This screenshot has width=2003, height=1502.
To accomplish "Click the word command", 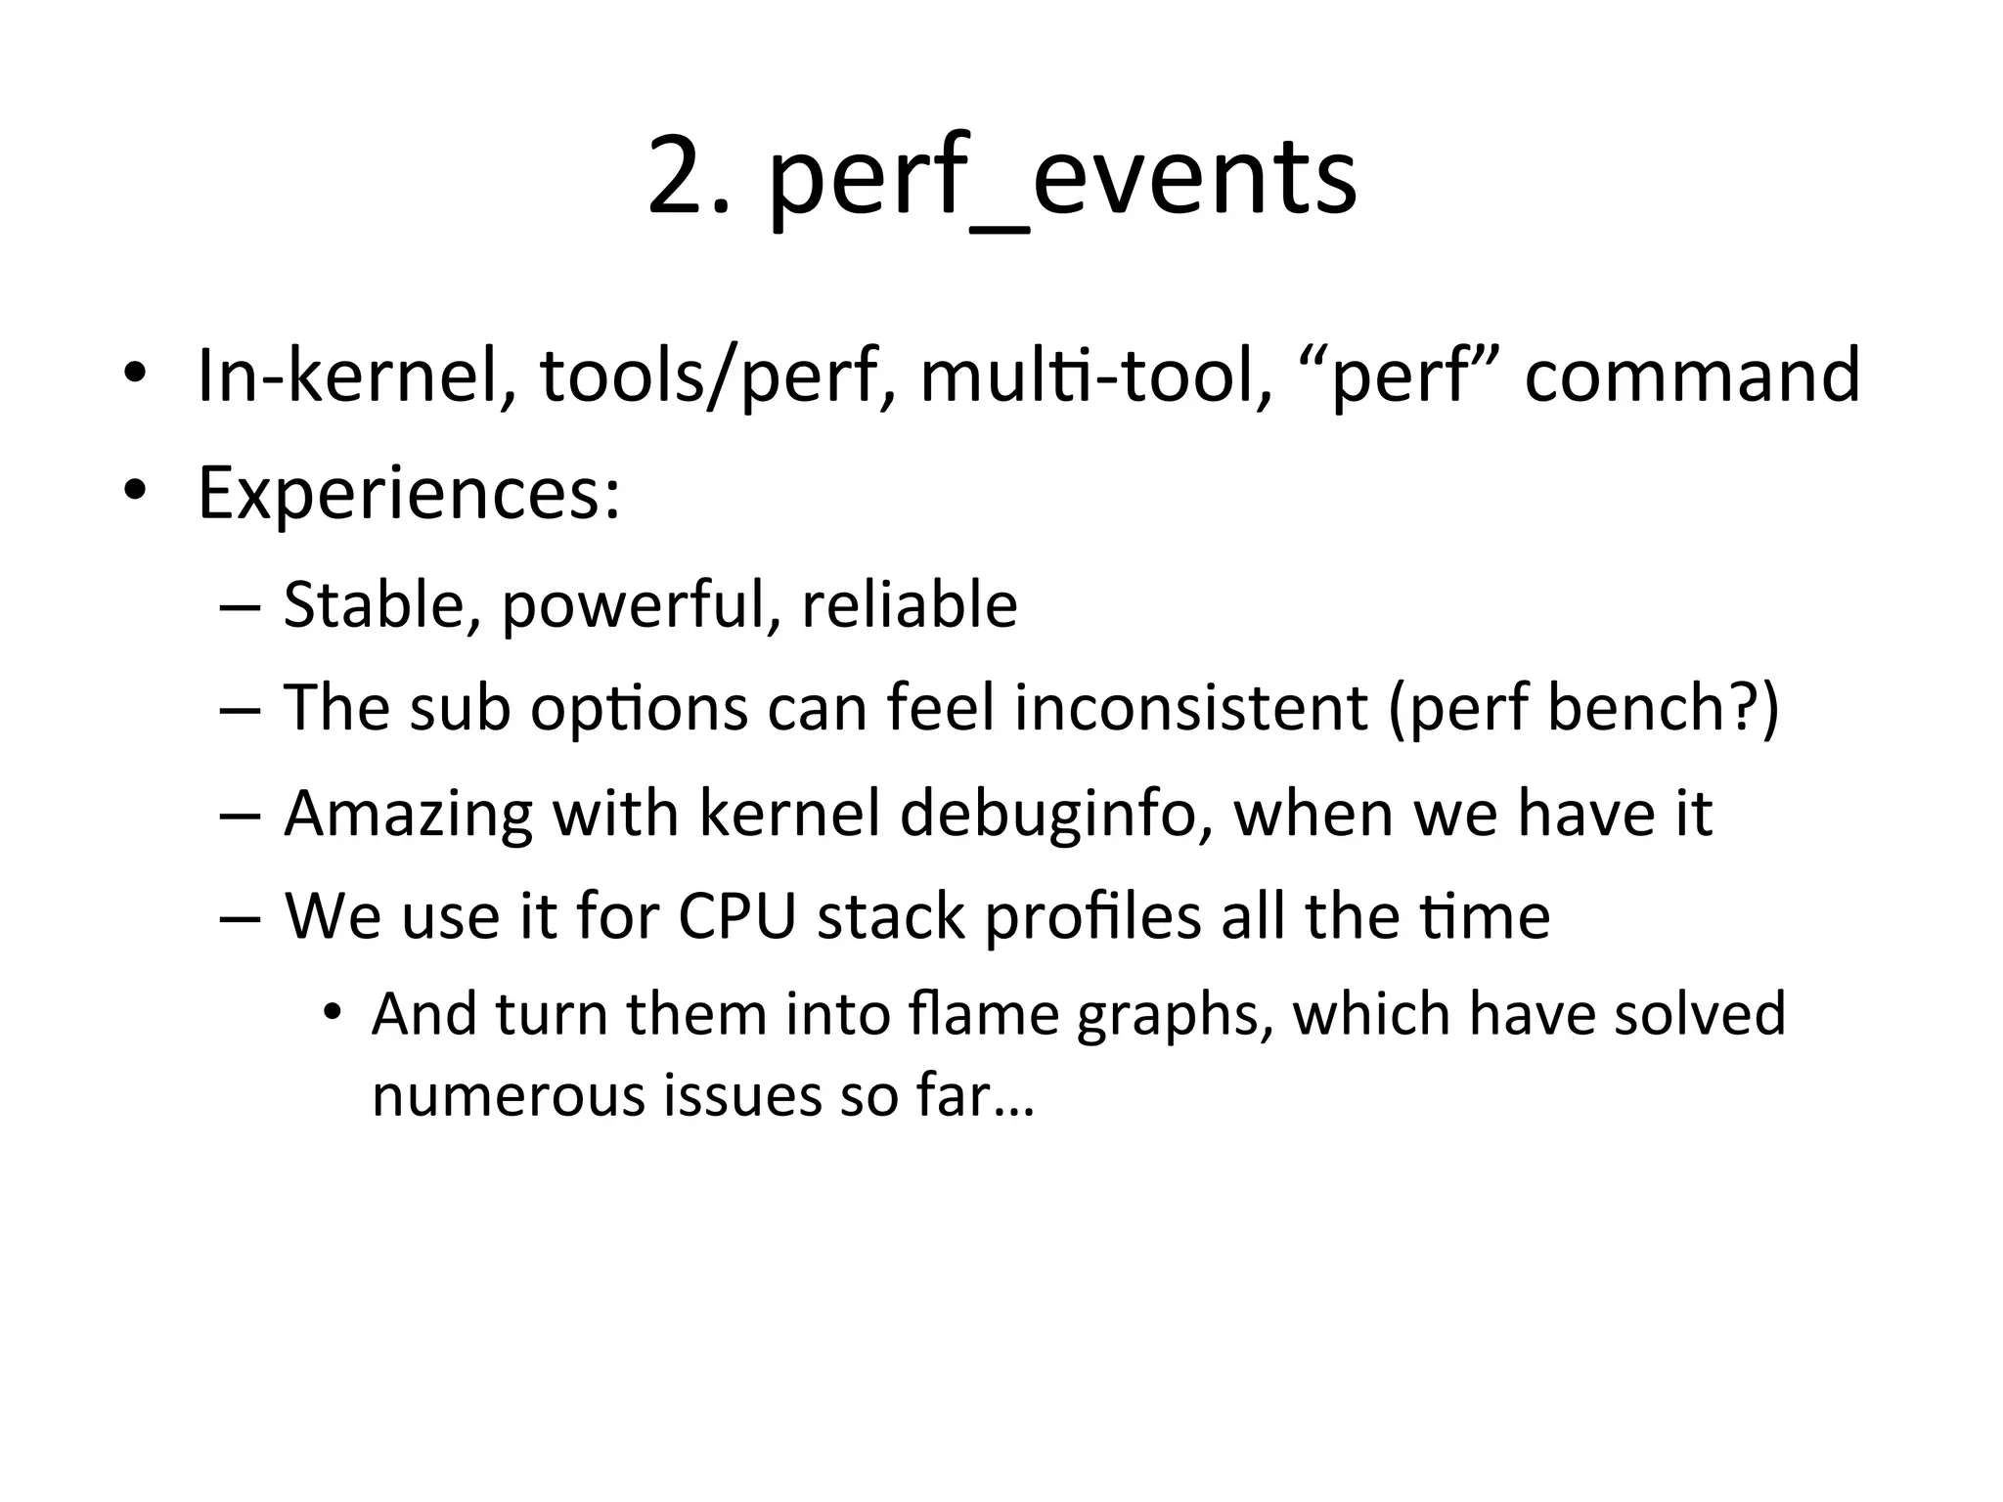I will tap(1691, 376).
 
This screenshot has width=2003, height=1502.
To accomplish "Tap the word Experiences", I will tap(409, 494).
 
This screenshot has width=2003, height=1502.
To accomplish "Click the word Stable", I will tap(380, 605).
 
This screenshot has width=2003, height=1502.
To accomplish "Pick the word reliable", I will tap(910, 605).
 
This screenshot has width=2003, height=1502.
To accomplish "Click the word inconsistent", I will tap(1190, 708).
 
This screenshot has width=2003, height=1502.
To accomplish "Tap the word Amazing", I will tap(408, 815).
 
